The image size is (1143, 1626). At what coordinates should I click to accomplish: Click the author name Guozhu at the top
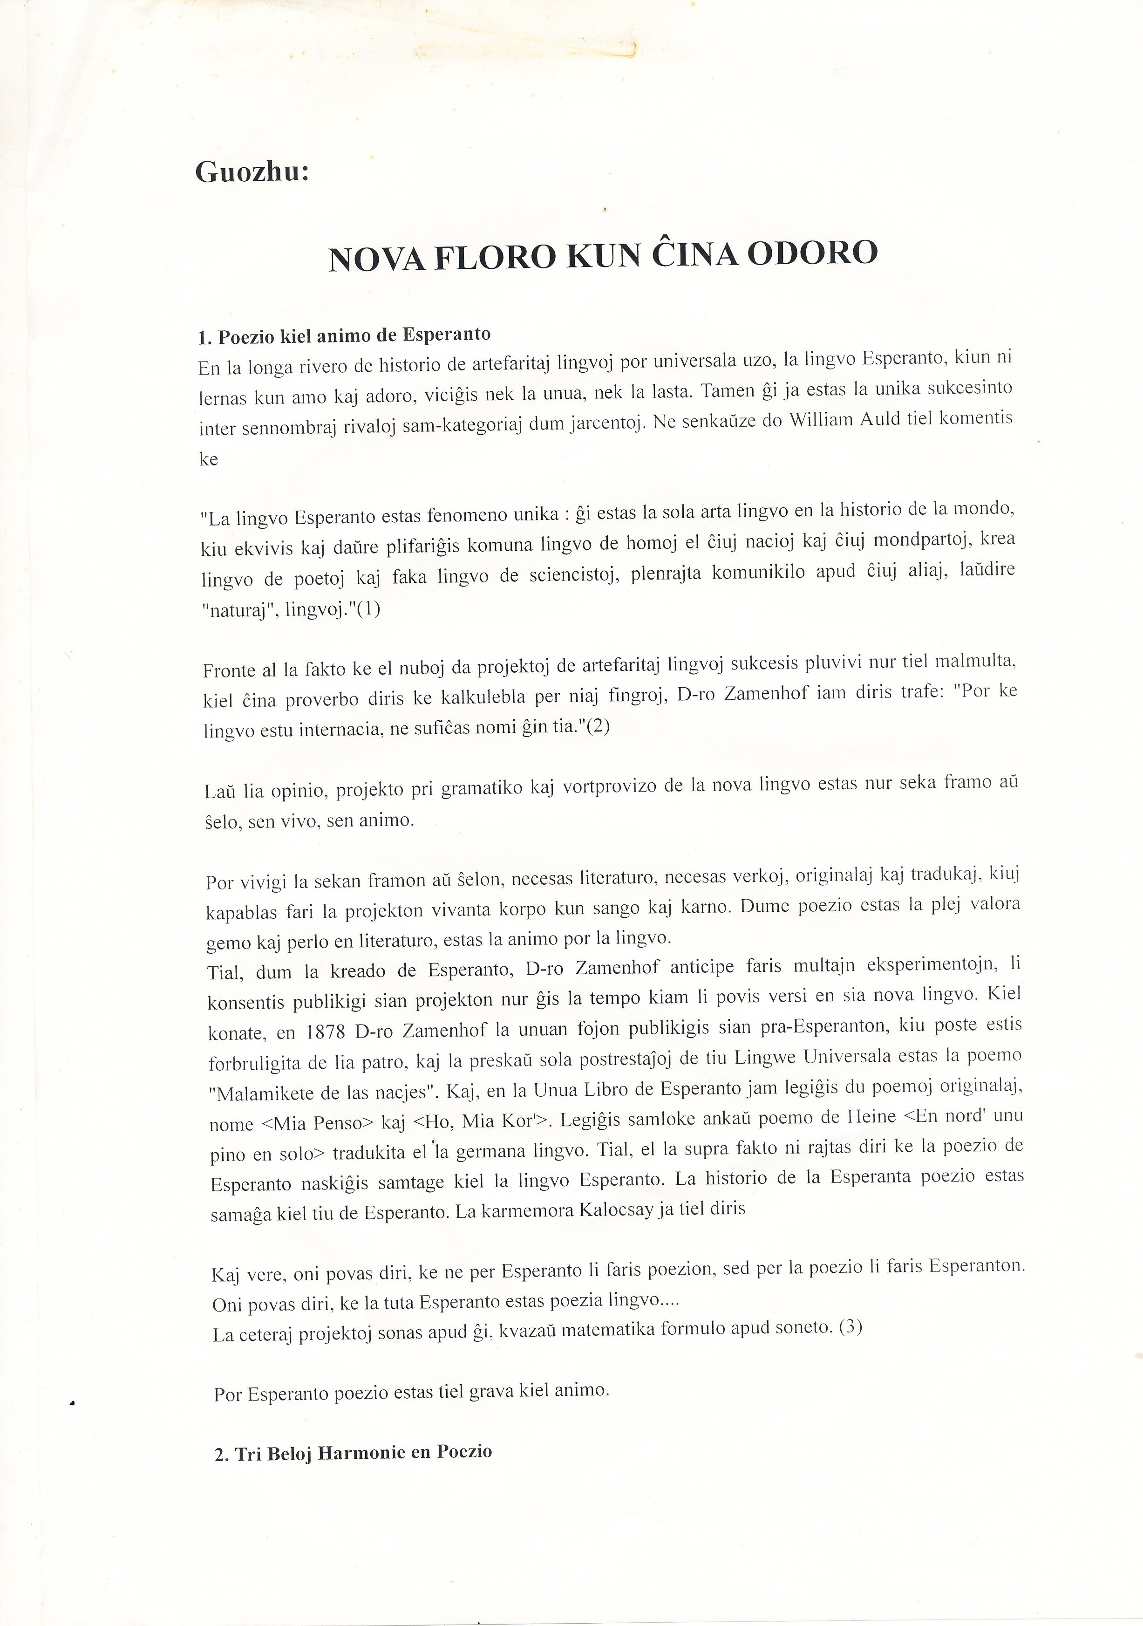(x=252, y=172)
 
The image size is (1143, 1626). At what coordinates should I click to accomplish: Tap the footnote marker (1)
(x=368, y=609)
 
